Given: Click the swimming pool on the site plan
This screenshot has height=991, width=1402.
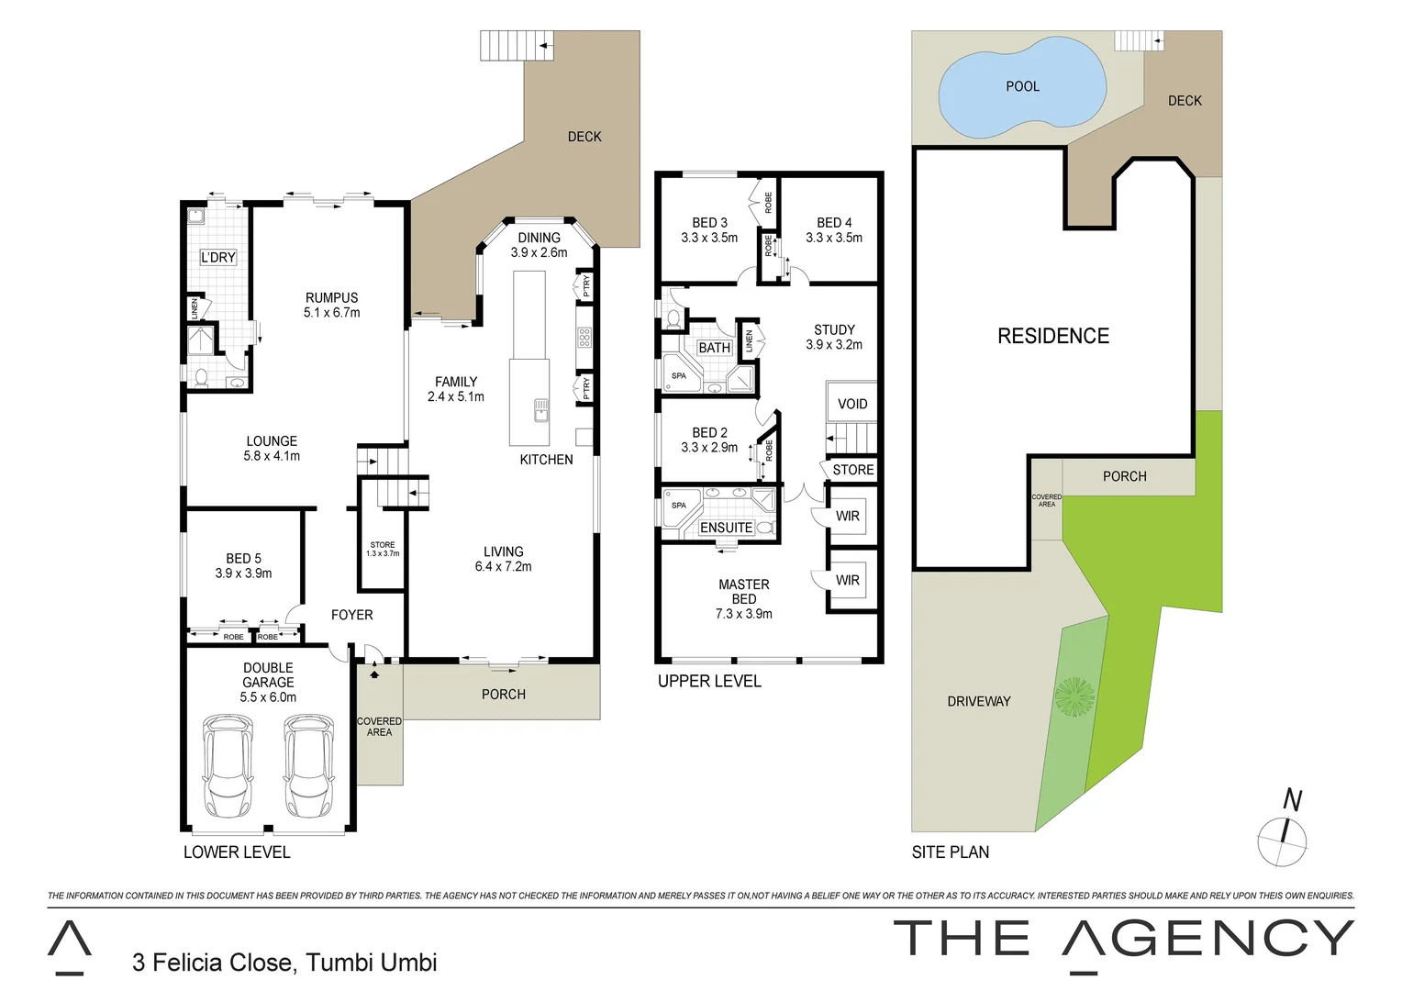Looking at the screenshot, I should point(1021,88).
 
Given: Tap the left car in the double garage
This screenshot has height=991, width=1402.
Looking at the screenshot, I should point(228,765).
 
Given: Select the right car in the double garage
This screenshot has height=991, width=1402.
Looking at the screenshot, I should point(308,765).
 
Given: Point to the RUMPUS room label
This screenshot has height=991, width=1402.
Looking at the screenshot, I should point(331,298).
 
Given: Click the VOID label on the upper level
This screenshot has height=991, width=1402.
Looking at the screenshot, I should point(851,404).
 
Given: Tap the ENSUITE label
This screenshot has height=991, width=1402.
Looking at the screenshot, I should point(726,528).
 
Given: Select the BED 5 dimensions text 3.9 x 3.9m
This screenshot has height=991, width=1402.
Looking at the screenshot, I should point(243,573).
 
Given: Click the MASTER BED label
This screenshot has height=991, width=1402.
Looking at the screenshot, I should point(743,592).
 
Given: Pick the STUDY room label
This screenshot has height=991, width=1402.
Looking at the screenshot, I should point(834,329).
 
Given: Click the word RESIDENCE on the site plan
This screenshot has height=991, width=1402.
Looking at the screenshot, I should point(1052,337).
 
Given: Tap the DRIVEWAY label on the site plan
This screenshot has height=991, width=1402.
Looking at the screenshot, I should point(978,702).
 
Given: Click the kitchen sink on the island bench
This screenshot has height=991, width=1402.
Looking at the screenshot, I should point(541,408).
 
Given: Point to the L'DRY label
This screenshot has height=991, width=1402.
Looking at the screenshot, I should point(218,258).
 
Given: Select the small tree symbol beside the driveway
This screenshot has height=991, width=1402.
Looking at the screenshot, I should point(1074,696).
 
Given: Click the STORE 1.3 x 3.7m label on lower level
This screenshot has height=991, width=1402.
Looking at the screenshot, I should point(383,549).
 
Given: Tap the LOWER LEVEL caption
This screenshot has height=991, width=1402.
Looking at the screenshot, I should point(237,852).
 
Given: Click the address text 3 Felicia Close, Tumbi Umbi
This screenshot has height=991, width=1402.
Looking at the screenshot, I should point(284,963).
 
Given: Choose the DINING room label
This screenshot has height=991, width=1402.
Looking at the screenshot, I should point(539,238).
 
